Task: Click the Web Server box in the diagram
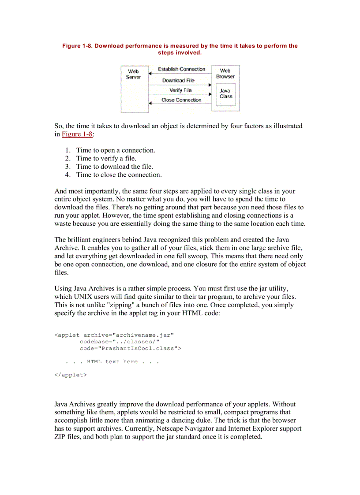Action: coord(134,88)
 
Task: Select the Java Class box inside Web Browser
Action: coord(225,94)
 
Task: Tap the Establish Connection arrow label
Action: coord(181,69)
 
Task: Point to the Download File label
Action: coord(178,81)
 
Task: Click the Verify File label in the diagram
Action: coord(180,90)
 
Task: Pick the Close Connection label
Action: coord(181,100)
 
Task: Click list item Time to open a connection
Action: coord(116,150)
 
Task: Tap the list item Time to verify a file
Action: coord(106,158)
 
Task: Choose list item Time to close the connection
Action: coord(119,175)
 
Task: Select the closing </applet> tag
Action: coord(71,375)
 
